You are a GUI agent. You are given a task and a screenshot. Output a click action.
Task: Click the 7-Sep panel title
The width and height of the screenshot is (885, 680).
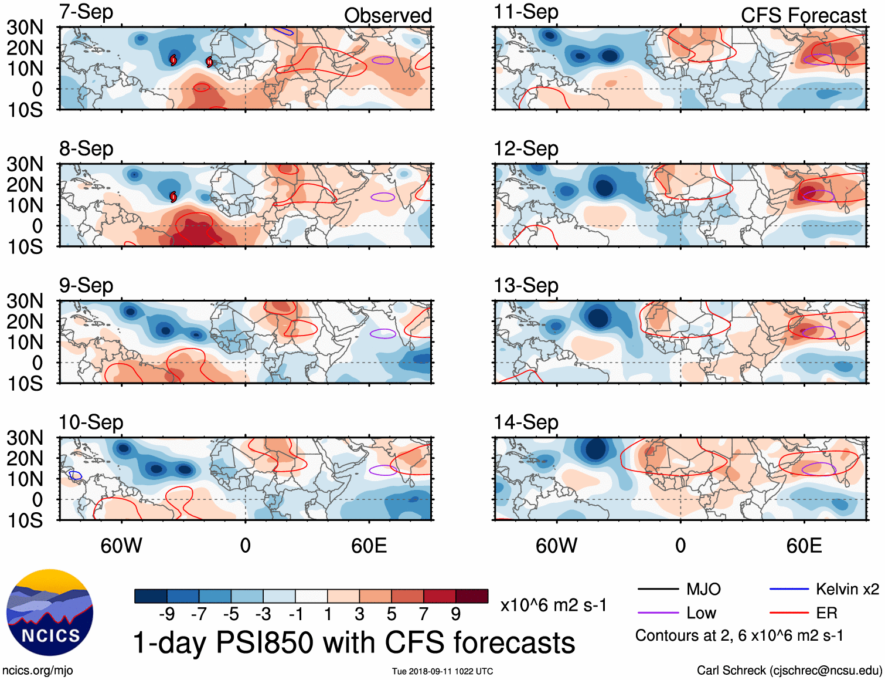click(86, 12)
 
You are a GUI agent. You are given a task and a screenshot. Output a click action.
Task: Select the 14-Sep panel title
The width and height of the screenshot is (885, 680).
click(526, 422)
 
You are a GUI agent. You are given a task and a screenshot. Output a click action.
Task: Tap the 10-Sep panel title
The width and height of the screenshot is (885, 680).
click(91, 422)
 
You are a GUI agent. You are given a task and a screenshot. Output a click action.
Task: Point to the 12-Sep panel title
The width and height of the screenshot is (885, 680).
click(526, 149)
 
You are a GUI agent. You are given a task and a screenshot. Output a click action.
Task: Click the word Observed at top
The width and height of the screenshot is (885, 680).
click(387, 15)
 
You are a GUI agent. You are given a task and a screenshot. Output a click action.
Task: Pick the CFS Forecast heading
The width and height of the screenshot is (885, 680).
click(803, 15)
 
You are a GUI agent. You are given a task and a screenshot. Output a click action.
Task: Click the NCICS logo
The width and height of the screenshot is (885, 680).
click(50, 613)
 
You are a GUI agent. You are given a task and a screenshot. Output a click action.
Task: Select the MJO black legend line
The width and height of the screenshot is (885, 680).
click(658, 589)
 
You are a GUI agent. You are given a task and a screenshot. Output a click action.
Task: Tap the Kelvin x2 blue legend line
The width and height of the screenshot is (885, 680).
click(789, 589)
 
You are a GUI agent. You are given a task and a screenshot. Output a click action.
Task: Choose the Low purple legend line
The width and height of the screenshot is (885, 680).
click(658, 613)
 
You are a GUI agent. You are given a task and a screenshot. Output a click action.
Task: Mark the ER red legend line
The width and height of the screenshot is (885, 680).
click(789, 613)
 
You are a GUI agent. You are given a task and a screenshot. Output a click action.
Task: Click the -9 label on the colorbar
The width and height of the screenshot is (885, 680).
click(166, 614)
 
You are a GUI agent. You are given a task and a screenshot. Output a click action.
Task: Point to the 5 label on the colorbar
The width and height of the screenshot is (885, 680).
click(392, 614)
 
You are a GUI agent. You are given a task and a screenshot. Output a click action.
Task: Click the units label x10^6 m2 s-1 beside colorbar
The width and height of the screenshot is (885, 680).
click(553, 605)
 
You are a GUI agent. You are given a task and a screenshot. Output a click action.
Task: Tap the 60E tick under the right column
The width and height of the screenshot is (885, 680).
click(804, 546)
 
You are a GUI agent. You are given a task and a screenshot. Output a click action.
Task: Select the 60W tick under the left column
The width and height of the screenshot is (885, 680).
click(121, 546)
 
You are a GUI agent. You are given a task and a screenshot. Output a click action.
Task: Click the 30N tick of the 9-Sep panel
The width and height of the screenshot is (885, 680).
click(25, 301)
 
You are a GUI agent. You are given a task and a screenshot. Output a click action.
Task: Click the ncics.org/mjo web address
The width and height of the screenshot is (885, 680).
click(38, 671)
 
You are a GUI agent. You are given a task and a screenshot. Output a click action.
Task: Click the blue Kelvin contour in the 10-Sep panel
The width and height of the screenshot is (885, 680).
click(75, 475)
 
